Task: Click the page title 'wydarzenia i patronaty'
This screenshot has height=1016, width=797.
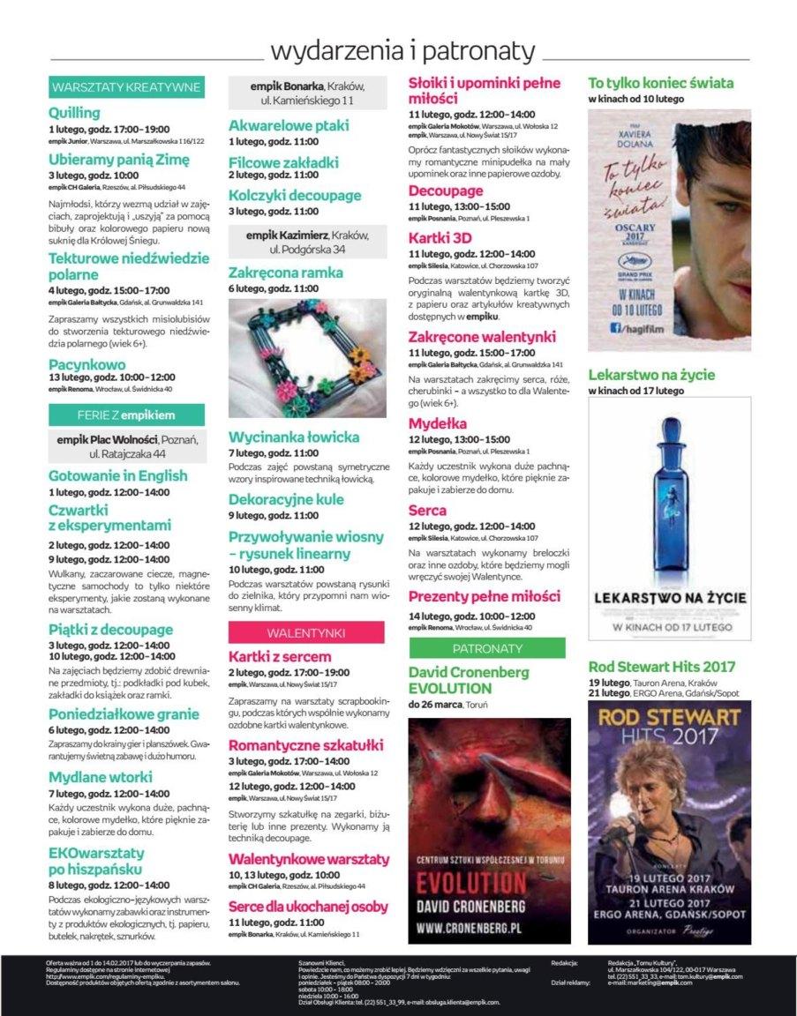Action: pyautogui.click(x=402, y=51)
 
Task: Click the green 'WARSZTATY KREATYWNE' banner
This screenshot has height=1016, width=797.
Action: pyautogui.click(x=127, y=87)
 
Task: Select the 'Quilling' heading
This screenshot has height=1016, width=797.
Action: pyautogui.click(x=75, y=113)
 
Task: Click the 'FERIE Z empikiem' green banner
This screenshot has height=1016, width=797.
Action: pyautogui.click(x=126, y=415)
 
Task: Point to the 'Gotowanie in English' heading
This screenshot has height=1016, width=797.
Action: pyautogui.click(x=117, y=475)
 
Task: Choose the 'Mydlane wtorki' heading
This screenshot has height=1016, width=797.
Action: pyautogui.click(x=100, y=777)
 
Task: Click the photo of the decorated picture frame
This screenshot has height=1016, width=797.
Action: pyautogui.click(x=307, y=357)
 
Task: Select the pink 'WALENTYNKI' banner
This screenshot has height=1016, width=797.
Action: pyautogui.click(x=306, y=632)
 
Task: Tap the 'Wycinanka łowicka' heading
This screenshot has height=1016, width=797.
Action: pyautogui.click(x=294, y=437)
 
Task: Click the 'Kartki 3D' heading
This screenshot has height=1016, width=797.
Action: pyautogui.click(x=440, y=238)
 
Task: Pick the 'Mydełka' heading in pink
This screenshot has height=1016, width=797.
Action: pyautogui.click(x=437, y=423)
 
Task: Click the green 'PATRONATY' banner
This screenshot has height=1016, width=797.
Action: pyautogui.click(x=486, y=648)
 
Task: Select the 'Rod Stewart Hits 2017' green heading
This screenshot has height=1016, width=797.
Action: pyautogui.click(x=661, y=667)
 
